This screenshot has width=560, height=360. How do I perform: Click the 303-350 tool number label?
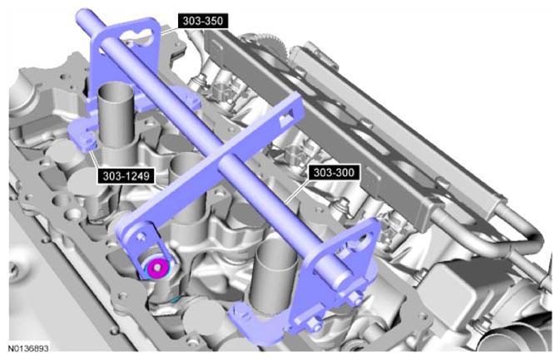pos(203,21)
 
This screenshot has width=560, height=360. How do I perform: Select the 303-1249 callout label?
pos(126,176)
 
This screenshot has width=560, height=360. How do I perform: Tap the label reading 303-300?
pos(334,173)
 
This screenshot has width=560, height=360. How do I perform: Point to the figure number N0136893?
pos(28,348)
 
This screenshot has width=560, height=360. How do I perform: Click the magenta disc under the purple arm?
pos(157,268)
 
